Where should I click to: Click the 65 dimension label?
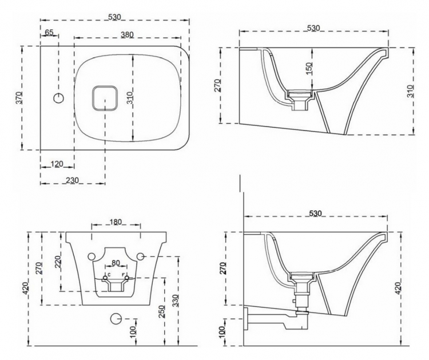(49, 32)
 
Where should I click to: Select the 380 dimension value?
(127, 34)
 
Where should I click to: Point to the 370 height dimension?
(19, 97)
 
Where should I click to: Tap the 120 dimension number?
(57, 164)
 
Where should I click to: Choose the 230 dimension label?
(72, 180)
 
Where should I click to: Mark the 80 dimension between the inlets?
(116, 263)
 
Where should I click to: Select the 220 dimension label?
(58, 262)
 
